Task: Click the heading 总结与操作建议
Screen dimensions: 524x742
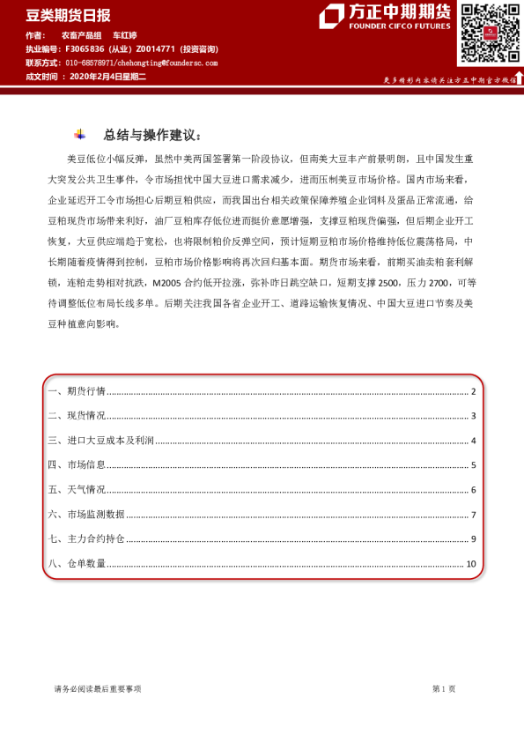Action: pyautogui.click(x=151, y=135)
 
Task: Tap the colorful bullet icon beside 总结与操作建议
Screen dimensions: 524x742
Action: pyautogui.click(x=80, y=135)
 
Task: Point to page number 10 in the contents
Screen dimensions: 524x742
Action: pyautogui.click(x=471, y=564)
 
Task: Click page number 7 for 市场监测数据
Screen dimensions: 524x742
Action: pyautogui.click(x=473, y=515)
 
